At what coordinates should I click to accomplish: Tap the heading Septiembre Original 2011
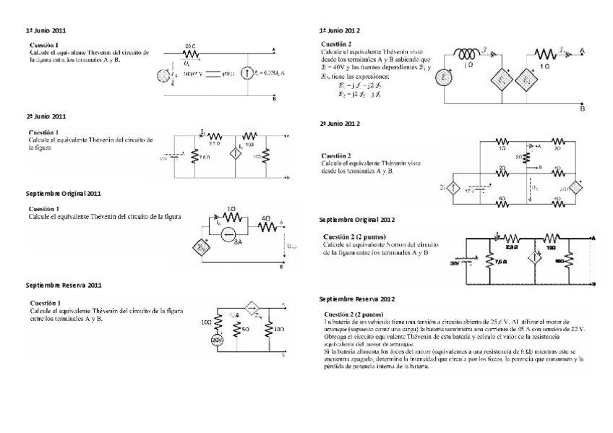(63, 194)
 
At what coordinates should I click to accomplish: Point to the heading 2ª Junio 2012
(340, 124)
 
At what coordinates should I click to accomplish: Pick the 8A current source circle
(230, 233)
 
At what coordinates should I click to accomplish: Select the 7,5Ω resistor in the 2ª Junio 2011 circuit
(194, 156)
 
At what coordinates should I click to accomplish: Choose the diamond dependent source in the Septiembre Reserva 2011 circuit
(252, 307)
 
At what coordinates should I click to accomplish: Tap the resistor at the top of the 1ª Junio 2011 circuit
(190, 52)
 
